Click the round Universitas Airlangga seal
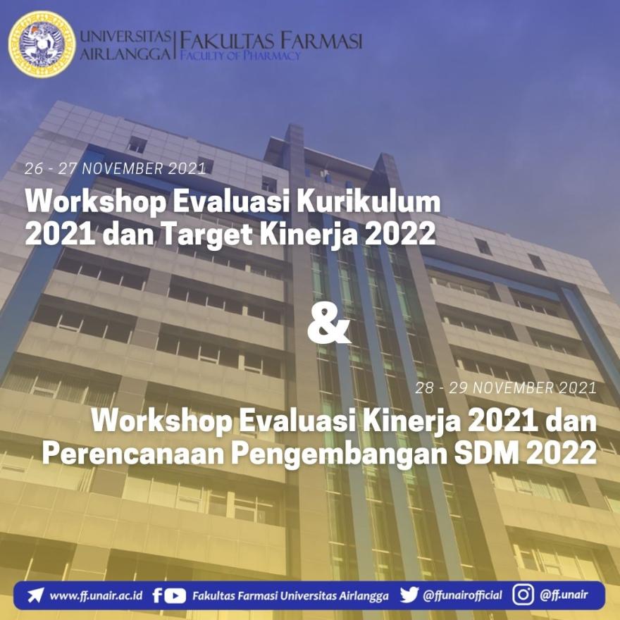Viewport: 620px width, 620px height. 42,44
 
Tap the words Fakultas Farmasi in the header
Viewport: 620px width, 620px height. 271,41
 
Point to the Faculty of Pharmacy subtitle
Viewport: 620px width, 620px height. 240,55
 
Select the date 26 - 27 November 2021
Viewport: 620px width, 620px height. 115,169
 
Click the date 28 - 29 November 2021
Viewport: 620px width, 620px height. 506,388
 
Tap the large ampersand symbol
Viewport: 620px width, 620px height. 329,324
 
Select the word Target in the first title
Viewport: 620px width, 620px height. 207,234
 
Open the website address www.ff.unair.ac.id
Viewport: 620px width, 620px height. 96,595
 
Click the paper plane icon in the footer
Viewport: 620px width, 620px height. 35,595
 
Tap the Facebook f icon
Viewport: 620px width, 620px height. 157,595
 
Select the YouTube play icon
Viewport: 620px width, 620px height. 175,596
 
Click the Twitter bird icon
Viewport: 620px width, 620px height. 409,595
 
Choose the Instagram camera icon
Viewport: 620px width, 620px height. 523,595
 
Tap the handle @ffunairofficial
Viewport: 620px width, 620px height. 463,595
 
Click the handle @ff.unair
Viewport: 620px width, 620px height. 564,595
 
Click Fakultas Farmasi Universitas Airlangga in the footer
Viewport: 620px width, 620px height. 290,596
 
